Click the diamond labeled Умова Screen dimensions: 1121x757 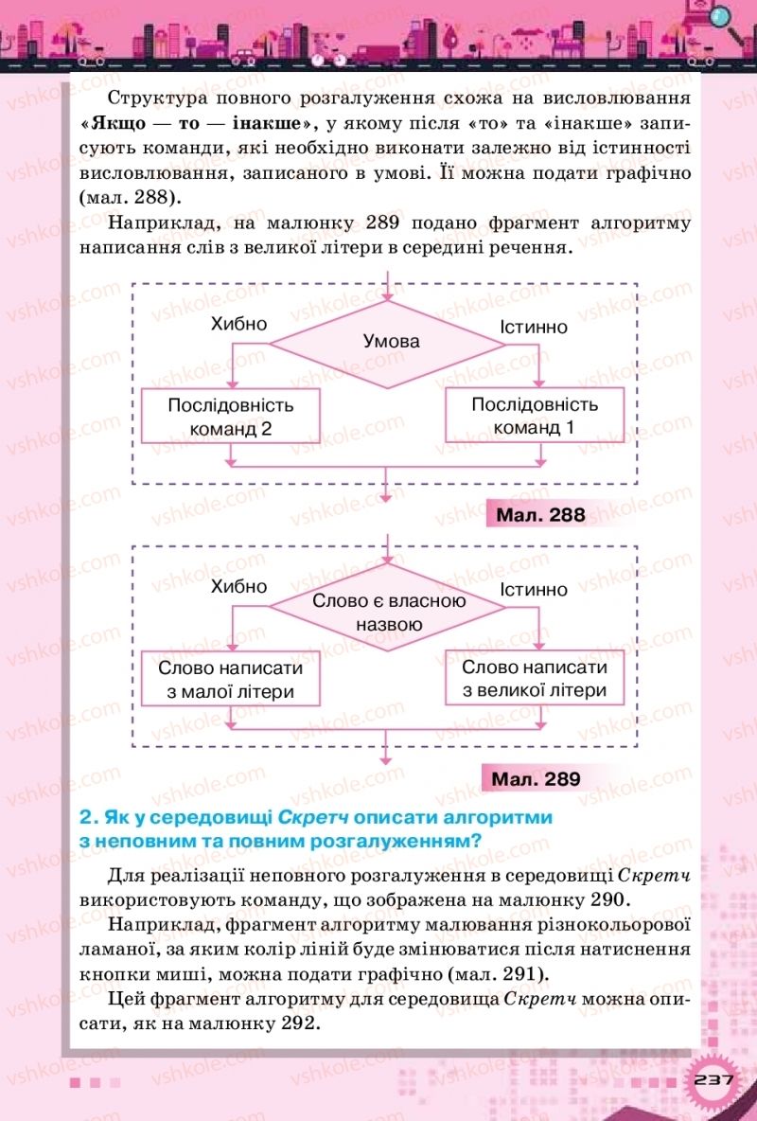click(x=391, y=341)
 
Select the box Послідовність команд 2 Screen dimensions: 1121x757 click(x=232, y=416)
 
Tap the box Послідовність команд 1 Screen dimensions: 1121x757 click(x=535, y=416)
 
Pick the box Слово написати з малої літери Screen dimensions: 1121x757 click(x=232, y=679)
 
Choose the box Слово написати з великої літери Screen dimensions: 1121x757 click(x=535, y=679)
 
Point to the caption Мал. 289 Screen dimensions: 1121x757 click(x=536, y=779)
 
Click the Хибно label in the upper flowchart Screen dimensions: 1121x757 click(x=239, y=324)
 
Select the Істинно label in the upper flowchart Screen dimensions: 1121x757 click(x=535, y=327)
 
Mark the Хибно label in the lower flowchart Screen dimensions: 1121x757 click(x=239, y=587)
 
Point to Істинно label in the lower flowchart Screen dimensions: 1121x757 click(x=535, y=590)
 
